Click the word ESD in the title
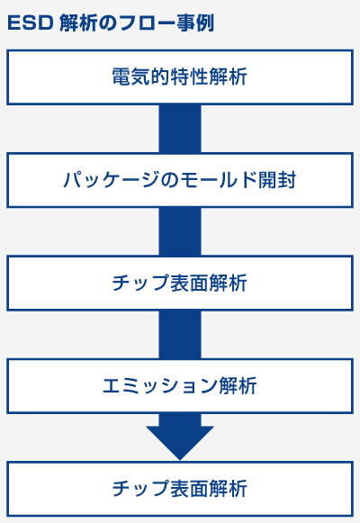coord(31,23)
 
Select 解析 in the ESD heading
coord(78,23)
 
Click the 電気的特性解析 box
coord(180,77)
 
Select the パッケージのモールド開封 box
coord(180,180)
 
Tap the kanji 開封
coord(277,180)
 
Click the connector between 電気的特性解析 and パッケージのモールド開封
coord(180,129)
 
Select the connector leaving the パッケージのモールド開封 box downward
coord(180,232)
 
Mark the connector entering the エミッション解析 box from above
coord(180,335)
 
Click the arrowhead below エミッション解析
coord(180,439)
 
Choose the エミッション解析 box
coord(180,386)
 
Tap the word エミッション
coord(160,386)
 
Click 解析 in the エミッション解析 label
coord(238,386)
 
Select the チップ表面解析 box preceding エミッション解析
coord(180,284)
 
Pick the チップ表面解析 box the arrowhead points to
coord(180,489)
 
